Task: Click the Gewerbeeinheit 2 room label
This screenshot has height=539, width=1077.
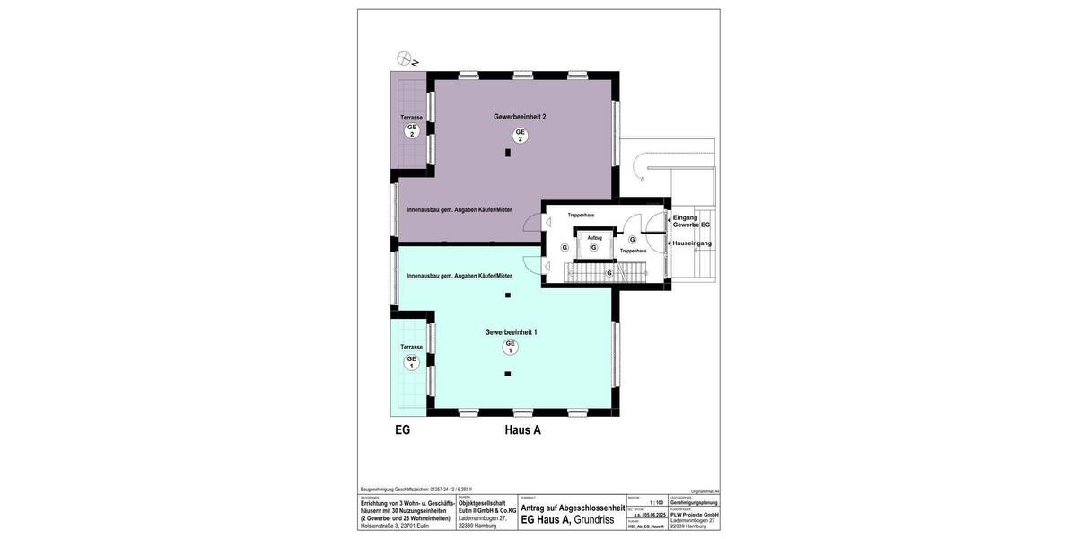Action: point(520,117)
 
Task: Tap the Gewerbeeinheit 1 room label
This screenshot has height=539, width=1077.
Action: point(511,332)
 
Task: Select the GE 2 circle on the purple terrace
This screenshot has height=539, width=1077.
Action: point(412,130)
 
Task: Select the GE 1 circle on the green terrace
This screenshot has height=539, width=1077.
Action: point(412,362)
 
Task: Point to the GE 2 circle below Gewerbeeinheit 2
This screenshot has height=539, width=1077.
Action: point(520,135)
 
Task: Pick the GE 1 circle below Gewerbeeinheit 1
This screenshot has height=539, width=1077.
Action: point(511,348)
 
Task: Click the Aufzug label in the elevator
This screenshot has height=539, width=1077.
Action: point(594,237)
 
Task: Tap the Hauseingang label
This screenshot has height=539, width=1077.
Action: point(692,243)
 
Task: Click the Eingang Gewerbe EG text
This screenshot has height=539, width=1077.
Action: point(691,221)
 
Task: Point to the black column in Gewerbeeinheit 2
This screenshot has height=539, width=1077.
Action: point(508,154)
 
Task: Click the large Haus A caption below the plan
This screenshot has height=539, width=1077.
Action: point(522,430)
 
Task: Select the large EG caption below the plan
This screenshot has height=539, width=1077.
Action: point(403,430)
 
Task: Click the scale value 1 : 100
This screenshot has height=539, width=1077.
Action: point(657,503)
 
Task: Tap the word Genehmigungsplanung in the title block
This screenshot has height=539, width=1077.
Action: point(694,503)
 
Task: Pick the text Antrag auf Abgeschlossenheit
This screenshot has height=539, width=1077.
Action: point(572,508)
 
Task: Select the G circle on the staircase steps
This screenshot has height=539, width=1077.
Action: point(609,273)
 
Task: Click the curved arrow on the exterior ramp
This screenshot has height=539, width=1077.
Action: point(638,164)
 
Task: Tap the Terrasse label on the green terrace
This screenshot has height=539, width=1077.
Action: point(411,347)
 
